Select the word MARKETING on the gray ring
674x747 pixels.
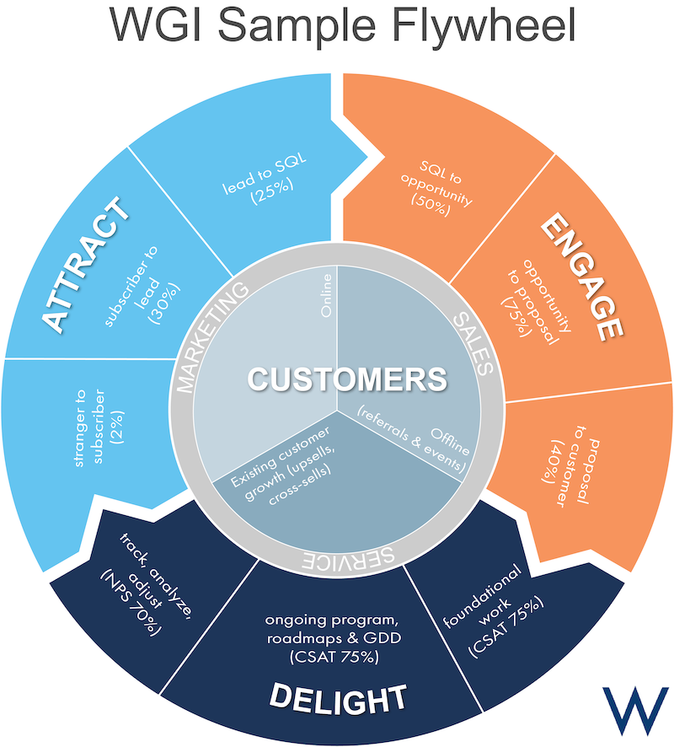tap(211, 337)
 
